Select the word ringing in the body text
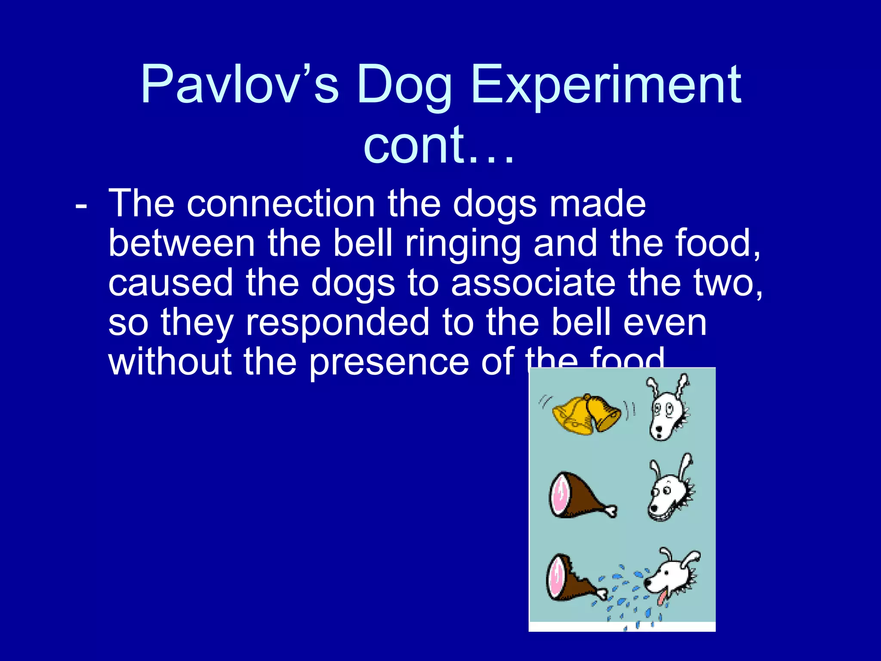(462, 243)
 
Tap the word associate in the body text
(533, 283)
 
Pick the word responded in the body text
(337, 322)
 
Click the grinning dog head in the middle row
(669, 491)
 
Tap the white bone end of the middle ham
(611, 511)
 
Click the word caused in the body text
(170, 283)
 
